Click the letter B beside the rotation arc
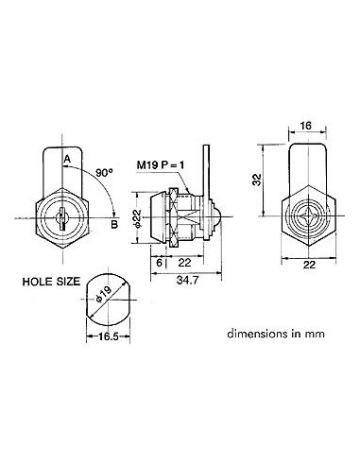pos(113,224)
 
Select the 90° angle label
pos(106,173)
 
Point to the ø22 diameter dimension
pos(136,220)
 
